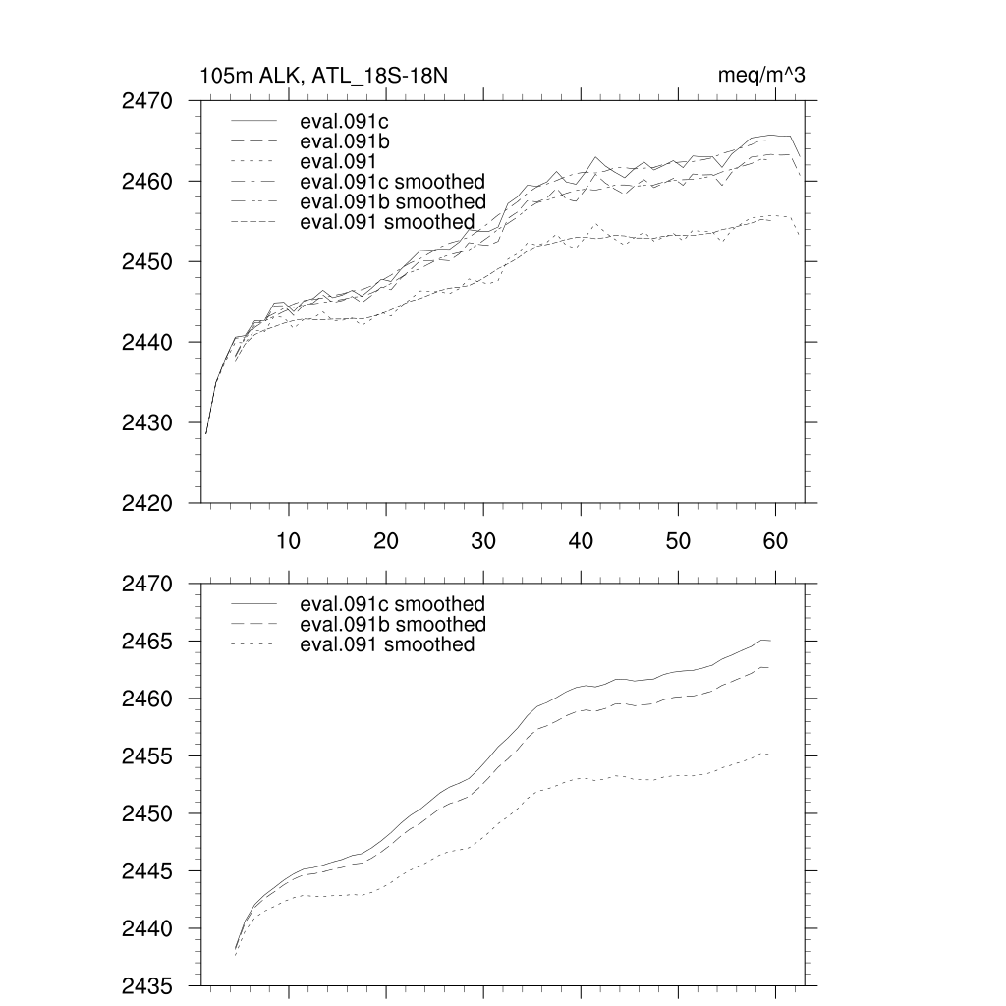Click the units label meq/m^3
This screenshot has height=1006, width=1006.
click(762, 76)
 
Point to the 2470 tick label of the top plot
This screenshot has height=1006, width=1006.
click(147, 101)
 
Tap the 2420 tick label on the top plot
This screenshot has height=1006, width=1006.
click(147, 503)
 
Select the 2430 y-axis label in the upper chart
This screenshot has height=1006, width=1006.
click(147, 422)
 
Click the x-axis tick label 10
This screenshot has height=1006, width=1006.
click(289, 540)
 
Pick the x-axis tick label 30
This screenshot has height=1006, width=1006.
click(483, 540)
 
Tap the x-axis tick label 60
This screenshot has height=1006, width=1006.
click(776, 540)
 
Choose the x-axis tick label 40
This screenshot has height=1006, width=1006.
click(581, 540)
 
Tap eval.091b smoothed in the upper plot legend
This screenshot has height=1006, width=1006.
click(392, 202)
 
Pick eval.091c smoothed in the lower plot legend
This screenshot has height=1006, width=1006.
click(392, 604)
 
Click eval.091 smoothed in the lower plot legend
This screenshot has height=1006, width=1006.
click(387, 644)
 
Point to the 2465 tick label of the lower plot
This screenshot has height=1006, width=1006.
click(147, 642)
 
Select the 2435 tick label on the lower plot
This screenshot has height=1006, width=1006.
click(147, 985)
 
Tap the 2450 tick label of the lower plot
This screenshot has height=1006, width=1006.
click(147, 814)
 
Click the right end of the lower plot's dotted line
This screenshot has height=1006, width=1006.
click(767, 754)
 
